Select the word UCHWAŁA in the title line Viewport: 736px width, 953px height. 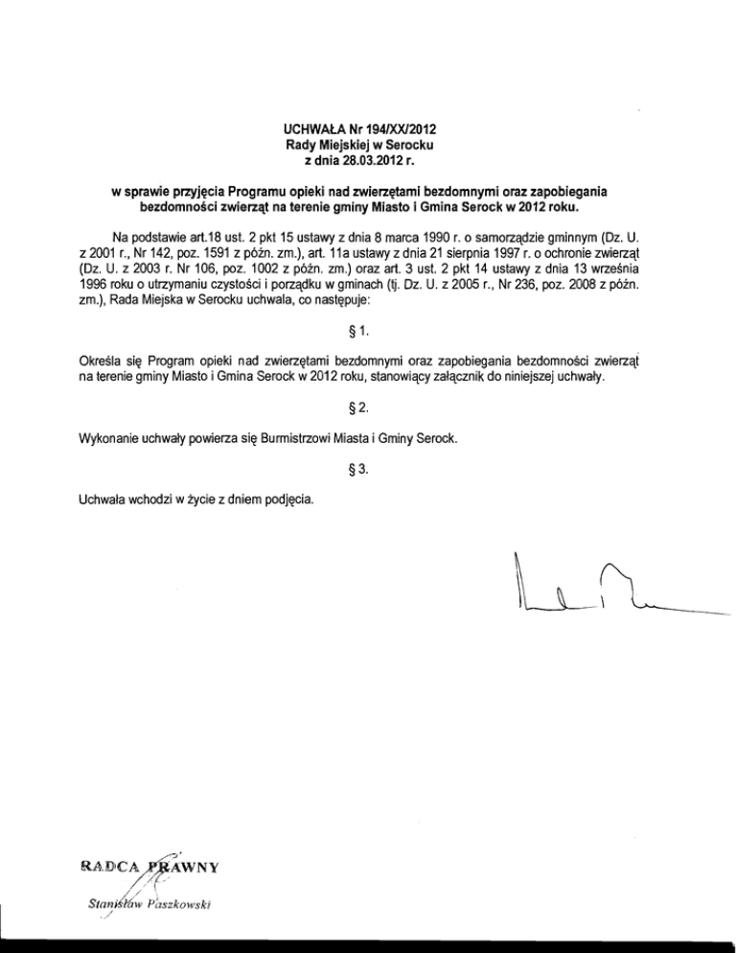point(316,128)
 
